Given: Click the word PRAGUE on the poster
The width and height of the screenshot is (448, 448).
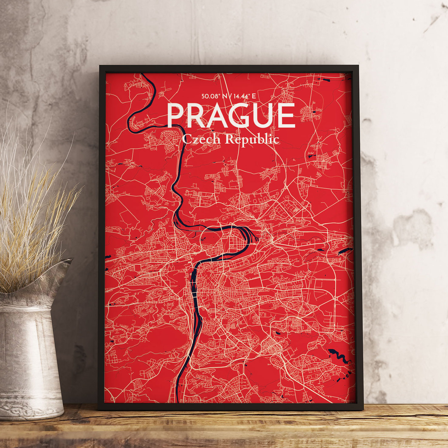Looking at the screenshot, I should point(231,115).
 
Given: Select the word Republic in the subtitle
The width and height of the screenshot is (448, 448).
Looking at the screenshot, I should point(252,139).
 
